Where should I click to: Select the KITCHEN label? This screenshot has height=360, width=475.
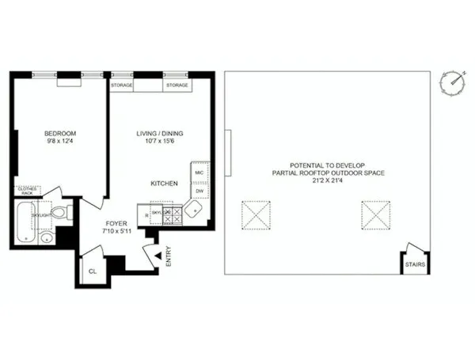click(164, 184)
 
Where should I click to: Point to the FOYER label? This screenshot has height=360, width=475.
click(117, 224)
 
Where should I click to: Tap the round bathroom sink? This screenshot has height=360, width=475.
click(47, 238)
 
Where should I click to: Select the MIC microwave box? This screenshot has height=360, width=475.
click(199, 172)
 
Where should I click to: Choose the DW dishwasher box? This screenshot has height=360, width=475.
click(199, 191)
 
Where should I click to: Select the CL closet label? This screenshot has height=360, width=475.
click(92, 270)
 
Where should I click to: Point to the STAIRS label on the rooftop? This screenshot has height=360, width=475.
click(416, 264)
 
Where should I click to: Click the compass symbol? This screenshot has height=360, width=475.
click(452, 81)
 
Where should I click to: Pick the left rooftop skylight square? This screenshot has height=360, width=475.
click(255, 214)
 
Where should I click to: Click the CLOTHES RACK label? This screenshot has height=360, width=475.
click(28, 191)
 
